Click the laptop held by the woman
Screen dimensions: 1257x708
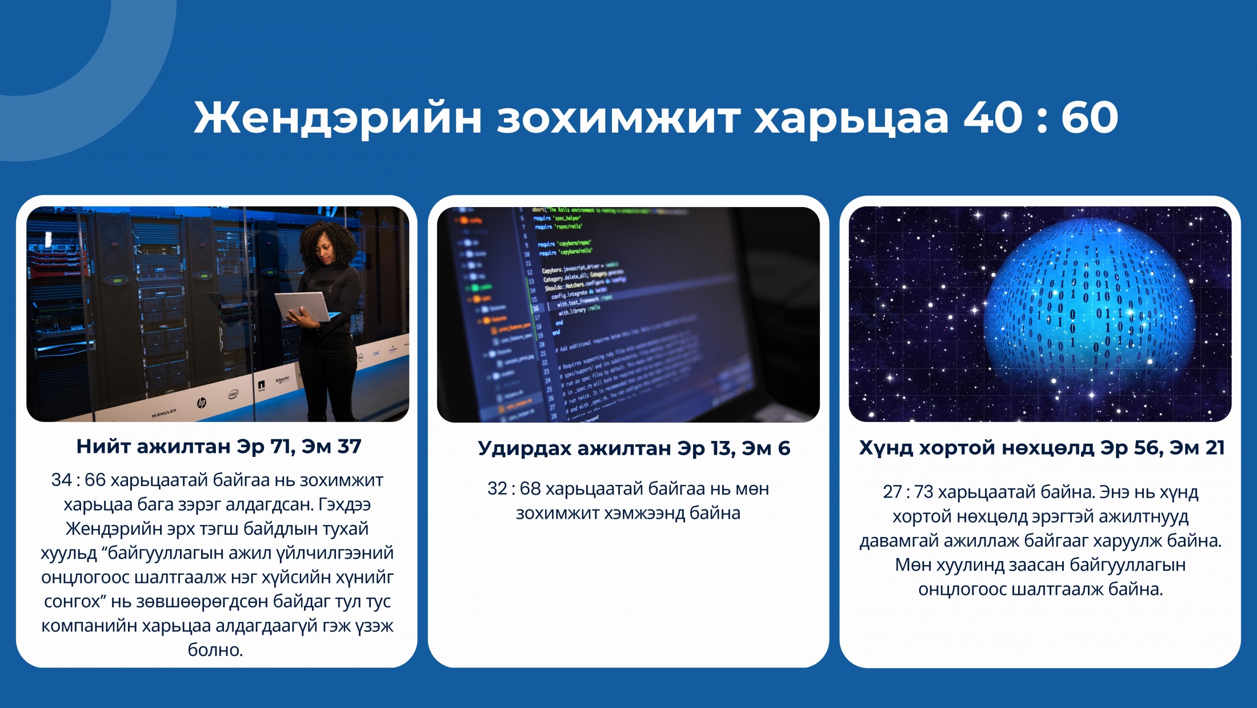(303, 307)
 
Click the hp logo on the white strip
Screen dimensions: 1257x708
(202, 403)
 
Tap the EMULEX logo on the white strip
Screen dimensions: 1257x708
(165, 413)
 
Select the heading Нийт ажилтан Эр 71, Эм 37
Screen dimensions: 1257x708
(219, 446)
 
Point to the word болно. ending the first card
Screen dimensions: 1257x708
(216, 650)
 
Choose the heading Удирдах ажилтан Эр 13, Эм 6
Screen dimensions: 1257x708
(634, 448)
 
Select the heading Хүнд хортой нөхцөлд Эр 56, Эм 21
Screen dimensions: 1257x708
(1042, 448)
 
